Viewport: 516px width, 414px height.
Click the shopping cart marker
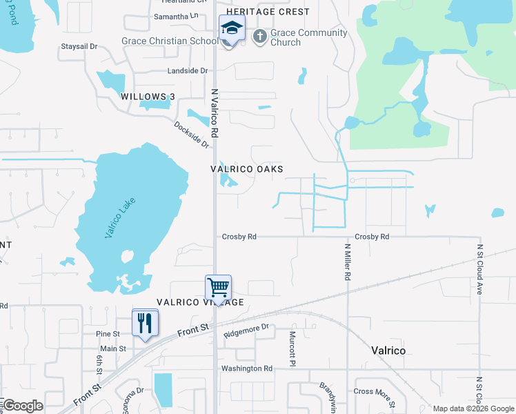click(x=218, y=287)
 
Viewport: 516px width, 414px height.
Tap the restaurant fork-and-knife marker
click(x=145, y=322)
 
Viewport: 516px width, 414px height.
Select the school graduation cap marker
click(x=232, y=29)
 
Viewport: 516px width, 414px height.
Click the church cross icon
click(x=260, y=36)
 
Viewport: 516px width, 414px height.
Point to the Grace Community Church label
click(x=299, y=37)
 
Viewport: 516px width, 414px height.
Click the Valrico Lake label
click(x=121, y=218)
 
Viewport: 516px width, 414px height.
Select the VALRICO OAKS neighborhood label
click(x=247, y=169)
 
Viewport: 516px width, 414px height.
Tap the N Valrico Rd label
click(x=215, y=112)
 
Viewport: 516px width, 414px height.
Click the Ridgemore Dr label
click(x=245, y=331)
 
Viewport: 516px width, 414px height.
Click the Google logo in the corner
click(x=23, y=406)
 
